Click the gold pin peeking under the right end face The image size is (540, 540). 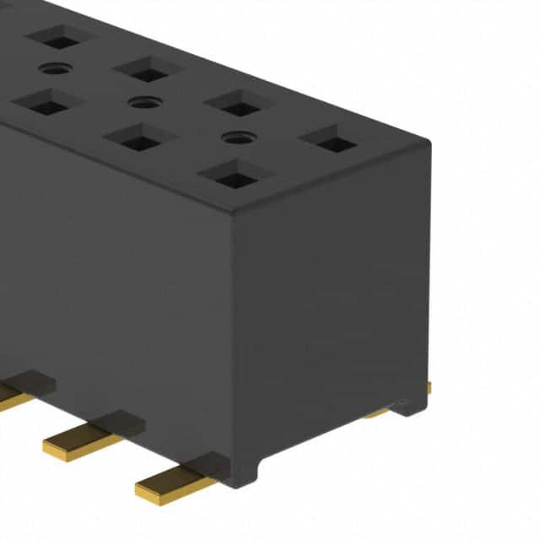point(377,413)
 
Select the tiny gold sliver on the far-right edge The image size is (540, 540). point(429,388)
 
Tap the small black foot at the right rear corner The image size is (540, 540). point(413,407)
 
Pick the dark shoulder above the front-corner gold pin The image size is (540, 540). point(209,463)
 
